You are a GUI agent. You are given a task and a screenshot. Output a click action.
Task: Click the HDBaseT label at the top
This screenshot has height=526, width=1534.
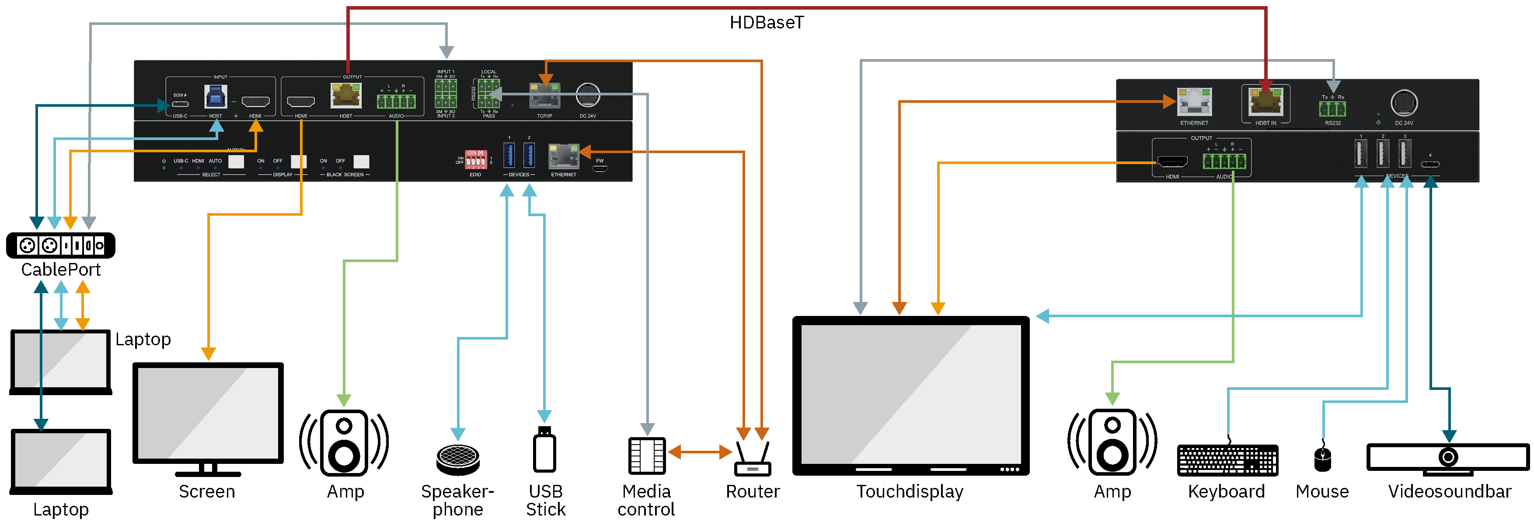(767, 23)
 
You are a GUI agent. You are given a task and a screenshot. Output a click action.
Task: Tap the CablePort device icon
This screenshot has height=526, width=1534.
(61, 245)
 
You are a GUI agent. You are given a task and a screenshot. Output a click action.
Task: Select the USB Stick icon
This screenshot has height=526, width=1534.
(544, 450)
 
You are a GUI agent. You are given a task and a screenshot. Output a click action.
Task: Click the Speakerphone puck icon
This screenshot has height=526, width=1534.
(458, 459)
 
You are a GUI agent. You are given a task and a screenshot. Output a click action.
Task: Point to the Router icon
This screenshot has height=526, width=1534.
(753, 460)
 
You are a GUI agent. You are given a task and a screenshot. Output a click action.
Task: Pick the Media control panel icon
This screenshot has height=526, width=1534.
(647, 456)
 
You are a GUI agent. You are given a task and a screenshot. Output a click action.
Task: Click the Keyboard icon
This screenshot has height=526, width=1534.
(1227, 460)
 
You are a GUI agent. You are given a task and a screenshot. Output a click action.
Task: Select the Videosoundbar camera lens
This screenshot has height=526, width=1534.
(1448, 457)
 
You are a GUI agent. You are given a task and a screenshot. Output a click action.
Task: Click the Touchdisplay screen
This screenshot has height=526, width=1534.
(910, 394)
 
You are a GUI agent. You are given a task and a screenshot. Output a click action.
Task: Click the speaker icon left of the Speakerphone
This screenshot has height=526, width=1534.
(344, 442)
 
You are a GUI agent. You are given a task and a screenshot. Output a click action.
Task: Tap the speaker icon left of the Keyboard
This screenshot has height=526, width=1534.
(1112, 442)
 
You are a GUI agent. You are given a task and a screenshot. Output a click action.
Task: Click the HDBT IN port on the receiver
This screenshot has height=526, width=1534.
(1266, 102)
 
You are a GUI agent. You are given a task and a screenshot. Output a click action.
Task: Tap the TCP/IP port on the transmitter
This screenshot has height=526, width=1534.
(545, 95)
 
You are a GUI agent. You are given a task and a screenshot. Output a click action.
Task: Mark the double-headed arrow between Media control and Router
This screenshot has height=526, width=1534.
(700, 452)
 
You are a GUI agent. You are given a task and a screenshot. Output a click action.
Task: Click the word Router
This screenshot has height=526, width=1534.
(753, 491)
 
